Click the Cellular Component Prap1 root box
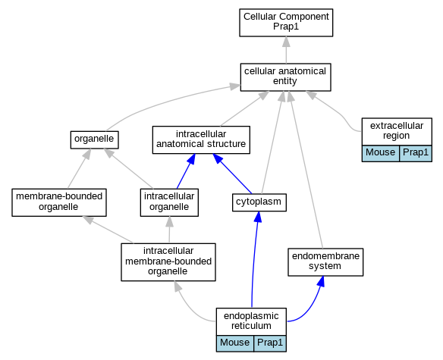(286, 23)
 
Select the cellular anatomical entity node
(285, 77)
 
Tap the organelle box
(94, 139)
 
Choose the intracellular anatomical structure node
(201, 139)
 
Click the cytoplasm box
(259, 202)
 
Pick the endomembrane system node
(325, 262)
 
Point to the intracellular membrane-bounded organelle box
(168, 262)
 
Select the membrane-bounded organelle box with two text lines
(59, 202)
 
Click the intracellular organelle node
(169, 202)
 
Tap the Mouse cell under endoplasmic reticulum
(235, 343)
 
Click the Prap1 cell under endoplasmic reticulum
(270, 343)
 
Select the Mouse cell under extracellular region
(381, 153)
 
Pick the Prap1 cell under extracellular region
(416, 153)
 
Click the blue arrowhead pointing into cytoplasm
(258, 217)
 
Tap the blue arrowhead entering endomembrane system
(321, 281)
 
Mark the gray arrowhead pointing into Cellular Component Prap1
(286, 42)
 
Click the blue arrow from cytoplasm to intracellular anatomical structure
(232, 174)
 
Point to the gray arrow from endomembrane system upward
(306, 170)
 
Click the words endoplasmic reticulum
(251, 321)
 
